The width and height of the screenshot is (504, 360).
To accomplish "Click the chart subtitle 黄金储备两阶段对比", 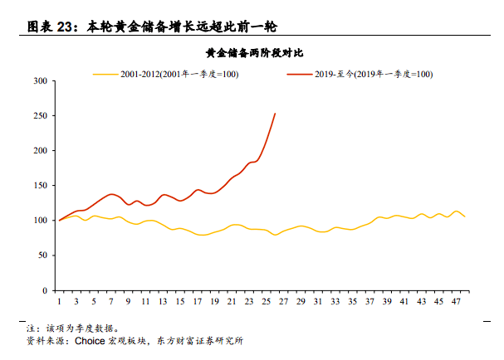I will click(x=253, y=53).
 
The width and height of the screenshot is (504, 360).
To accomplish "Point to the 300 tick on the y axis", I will click(x=40, y=81).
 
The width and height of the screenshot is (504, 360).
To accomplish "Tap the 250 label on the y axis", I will click(x=40, y=116).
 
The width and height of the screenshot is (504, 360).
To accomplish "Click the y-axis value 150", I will click(x=40, y=186).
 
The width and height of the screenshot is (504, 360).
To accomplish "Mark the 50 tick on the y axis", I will click(x=42, y=256).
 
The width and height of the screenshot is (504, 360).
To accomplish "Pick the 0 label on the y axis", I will click(x=44, y=291).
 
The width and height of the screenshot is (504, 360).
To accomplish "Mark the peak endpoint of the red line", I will click(x=275, y=114).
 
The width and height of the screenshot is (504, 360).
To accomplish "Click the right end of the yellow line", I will click(x=464, y=216).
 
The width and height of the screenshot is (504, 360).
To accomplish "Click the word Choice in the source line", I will click(x=90, y=340).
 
